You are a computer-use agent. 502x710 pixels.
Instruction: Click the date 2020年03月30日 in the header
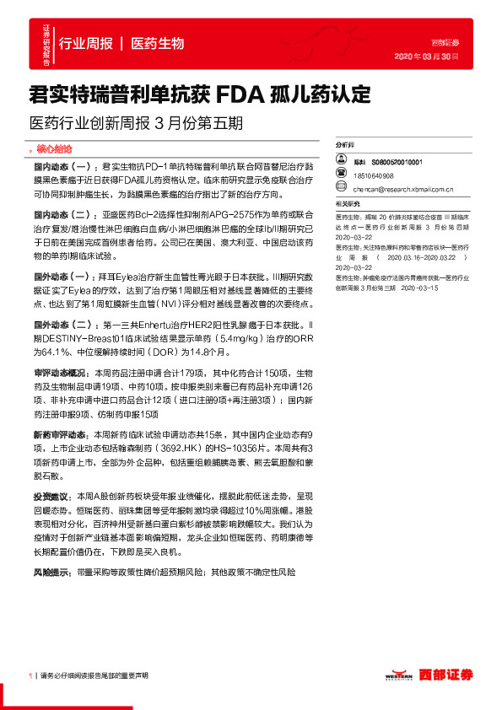click(x=427, y=56)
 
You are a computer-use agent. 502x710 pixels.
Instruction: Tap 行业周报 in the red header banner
click(x=86, y=43)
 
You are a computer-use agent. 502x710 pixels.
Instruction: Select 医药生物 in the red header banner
click(x=158, y=43)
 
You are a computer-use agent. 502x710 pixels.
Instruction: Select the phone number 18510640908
click(x=374, y=175)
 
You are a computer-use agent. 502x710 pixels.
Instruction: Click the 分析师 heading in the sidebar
click(x=345, y=145)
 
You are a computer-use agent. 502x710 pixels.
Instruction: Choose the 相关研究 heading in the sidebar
click(x=347, y=204)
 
